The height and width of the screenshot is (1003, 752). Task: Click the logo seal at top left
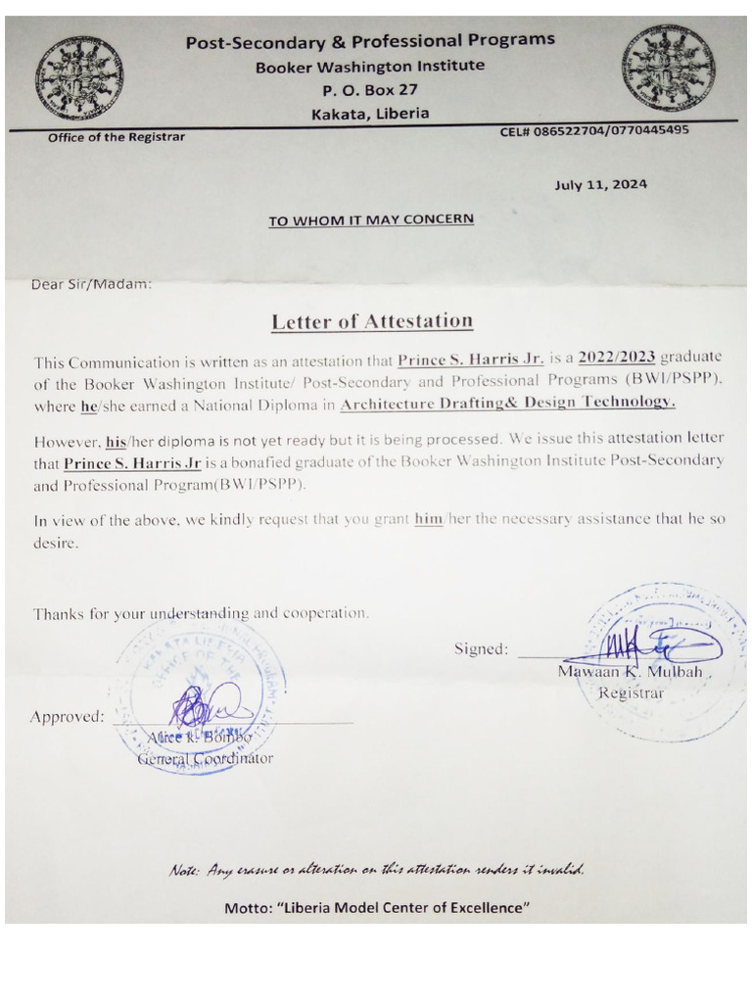(x=81, y=77)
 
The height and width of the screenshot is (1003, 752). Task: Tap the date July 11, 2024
(x=600, y=183)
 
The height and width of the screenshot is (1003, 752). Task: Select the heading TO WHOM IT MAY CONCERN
(x=371, y=219)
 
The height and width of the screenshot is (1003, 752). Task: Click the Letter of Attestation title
(x=372, y=320)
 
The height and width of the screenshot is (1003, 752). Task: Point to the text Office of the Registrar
(x=117, y=137)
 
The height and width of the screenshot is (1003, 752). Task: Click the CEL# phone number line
(x=593, y=129)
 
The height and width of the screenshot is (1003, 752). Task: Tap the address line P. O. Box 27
(x=370, y=90)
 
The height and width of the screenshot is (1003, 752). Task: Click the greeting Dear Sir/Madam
(x=92, y=285)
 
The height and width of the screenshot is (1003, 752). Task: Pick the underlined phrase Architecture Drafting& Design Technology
(x=507, y=402)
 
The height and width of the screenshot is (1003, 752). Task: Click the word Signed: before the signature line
(x=481, y=648)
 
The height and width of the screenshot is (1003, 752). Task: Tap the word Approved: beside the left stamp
(x=67, y=716)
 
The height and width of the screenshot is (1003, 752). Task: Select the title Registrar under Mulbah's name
(x=631, y=693)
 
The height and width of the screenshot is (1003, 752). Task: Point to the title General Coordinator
(x=205, y=757)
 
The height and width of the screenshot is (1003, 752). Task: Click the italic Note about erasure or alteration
(x=376, y=871)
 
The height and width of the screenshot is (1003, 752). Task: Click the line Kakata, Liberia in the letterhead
(x=370, y=113)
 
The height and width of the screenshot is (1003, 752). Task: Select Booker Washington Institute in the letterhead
(x=370, y=66)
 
